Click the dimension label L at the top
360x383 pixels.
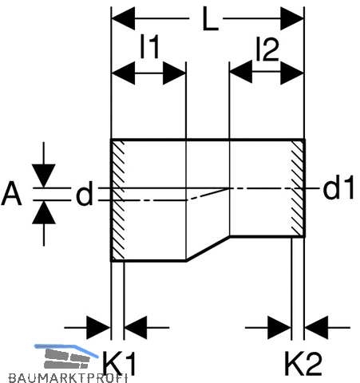(210, 18)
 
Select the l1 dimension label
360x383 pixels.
(149, 47)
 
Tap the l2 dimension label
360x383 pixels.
(267, 49)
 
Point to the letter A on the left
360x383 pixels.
(11, 193)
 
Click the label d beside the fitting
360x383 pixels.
(85, 193)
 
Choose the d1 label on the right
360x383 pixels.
(338, 188)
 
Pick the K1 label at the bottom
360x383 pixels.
(119, 363)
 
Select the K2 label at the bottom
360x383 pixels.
(303, 363)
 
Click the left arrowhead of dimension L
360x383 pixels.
(123, 18)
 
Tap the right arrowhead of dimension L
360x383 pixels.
(292, 18)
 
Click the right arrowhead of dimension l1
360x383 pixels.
(174, 73)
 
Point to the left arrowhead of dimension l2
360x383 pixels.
(241, 72)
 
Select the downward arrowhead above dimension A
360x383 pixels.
(44, 176)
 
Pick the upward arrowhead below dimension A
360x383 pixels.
(44, 212)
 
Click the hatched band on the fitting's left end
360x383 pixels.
(117, 200)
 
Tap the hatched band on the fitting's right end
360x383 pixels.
(298, 188)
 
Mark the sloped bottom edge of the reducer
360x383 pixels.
(208, 248)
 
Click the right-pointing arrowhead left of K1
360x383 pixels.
(99, 328)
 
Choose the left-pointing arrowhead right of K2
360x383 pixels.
(316, 328)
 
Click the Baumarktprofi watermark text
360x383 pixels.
(68, 378)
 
